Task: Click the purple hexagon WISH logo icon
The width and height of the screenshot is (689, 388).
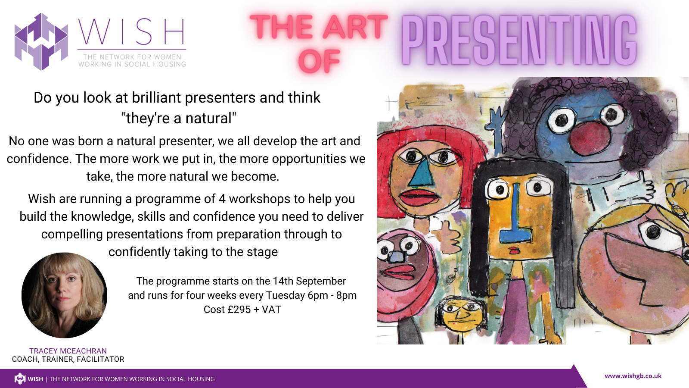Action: pos(41,42)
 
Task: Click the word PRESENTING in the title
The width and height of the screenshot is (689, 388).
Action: pos(519,41)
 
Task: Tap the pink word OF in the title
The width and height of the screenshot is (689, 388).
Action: pos(319,61)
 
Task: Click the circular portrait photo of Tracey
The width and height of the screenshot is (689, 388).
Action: pos(64,295)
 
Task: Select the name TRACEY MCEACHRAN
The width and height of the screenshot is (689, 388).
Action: pos(68,351)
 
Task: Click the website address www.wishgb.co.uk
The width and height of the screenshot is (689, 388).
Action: pos(633,376)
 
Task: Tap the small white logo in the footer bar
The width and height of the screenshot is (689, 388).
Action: pos(20,379)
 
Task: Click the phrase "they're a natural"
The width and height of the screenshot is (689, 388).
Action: pos(179,118)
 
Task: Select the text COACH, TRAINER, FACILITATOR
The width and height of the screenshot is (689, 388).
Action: pos(68,359)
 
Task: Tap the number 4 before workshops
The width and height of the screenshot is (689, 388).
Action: pos(222,199)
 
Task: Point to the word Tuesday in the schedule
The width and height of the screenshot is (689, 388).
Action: pos(285,295)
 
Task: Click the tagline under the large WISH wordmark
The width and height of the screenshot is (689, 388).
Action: pos(132,60)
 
